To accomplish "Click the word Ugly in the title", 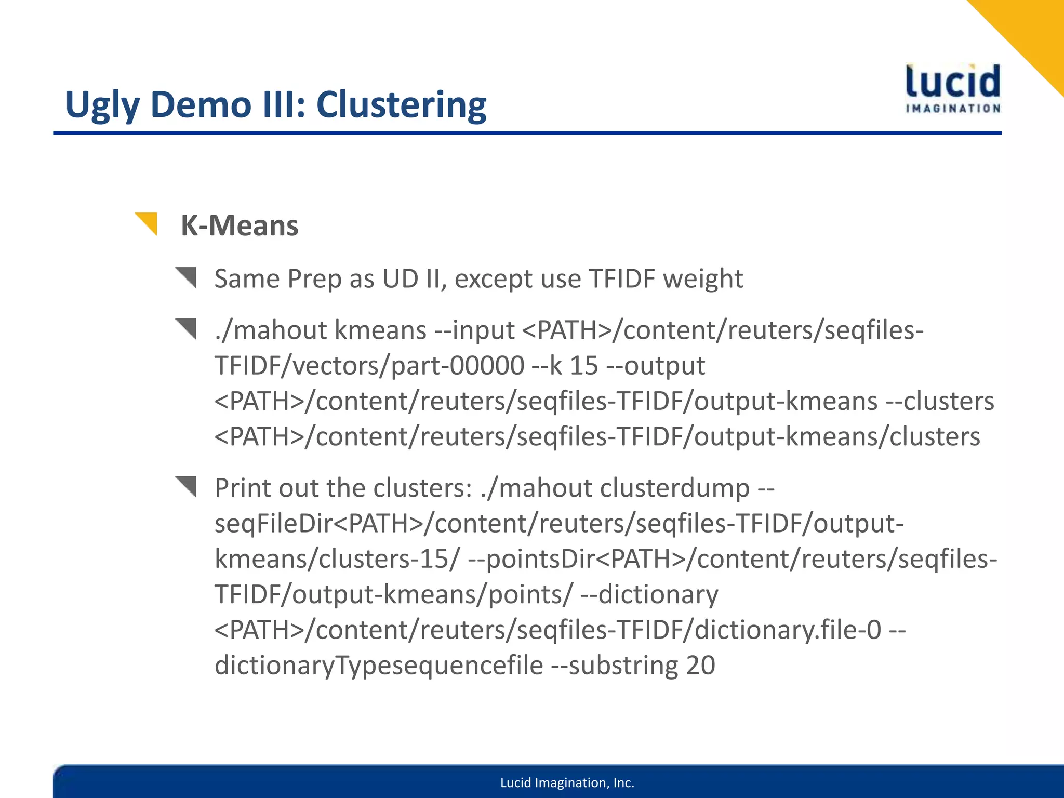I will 102,105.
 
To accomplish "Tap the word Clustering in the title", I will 401,105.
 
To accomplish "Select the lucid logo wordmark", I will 953,82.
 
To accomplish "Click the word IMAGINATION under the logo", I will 953,109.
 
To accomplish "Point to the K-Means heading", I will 240,226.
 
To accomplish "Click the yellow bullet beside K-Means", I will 147,223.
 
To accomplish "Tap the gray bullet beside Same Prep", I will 187,277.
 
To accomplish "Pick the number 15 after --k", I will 584,366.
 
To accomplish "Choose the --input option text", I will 475,330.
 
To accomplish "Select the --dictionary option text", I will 649,594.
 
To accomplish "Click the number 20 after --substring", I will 700,666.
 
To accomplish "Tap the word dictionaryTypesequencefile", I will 379,666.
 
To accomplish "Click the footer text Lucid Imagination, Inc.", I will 567,783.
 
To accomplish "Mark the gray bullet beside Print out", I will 187,486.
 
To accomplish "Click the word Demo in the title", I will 202,105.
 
